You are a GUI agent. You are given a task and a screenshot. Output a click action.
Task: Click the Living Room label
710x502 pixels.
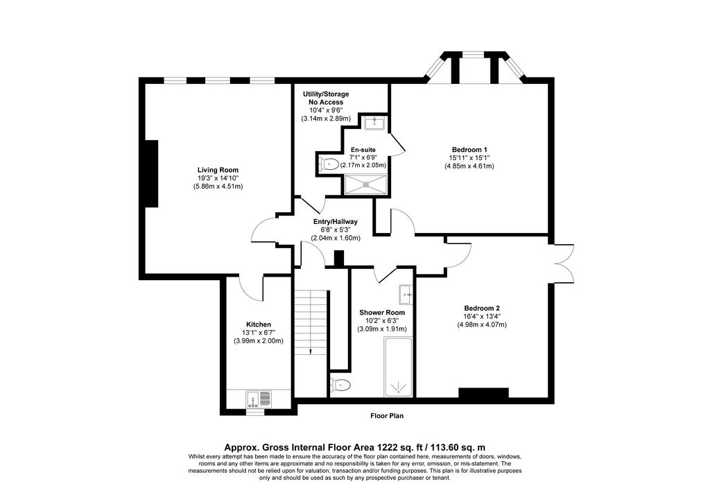click(218, 170)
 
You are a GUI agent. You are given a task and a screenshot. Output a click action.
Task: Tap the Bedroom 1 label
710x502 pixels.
click(469, 150)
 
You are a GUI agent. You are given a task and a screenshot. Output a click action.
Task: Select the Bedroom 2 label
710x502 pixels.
click(481, 309)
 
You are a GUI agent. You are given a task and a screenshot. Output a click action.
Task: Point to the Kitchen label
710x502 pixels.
click(259, 324)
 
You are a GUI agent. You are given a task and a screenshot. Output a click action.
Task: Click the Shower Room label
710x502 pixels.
click(382, 312)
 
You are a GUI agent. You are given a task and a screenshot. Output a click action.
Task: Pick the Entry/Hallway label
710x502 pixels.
click(336, 222)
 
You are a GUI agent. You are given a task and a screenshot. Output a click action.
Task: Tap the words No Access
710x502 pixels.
click(326, 103)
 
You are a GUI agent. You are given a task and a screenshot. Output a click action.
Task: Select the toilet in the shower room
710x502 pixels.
click(340, 386)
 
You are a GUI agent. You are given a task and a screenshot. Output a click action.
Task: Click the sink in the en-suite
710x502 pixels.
click(374, 122)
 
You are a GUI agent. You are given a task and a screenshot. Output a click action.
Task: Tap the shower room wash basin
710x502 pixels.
click(406, 295)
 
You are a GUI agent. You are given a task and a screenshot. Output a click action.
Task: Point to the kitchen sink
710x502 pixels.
click(259, 399)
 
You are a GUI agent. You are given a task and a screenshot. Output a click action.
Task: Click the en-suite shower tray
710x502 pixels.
click(366, 184)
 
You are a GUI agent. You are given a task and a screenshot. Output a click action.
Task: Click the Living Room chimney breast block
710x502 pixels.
click(151, 173)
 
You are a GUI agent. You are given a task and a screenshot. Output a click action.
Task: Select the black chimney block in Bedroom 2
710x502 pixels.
click(483, 393)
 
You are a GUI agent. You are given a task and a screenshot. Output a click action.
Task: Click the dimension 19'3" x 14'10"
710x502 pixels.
click(218, 178)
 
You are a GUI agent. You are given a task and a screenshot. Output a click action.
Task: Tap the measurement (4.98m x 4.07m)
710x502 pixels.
click(482, 324)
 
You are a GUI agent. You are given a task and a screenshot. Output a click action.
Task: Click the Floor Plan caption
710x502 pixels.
click(387, 415)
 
